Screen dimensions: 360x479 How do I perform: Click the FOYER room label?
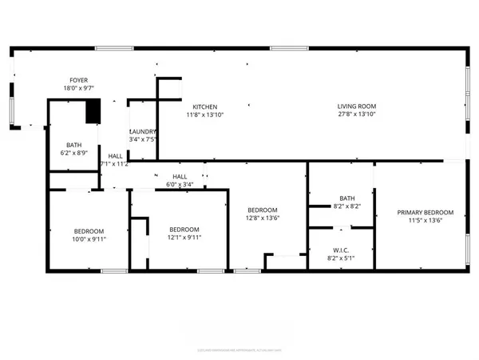78,80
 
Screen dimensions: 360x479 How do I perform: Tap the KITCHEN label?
204,106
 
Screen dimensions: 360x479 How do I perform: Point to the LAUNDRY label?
143,131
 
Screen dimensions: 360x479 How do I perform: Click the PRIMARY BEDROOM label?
426,212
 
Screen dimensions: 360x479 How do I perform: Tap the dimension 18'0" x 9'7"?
78,88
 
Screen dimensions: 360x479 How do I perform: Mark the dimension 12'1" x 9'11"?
184,238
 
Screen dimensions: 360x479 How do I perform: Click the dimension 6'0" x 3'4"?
180,184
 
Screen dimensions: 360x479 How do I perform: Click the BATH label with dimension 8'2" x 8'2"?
346,198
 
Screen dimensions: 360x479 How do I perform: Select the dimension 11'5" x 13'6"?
426,221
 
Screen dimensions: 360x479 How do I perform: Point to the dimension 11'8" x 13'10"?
204,114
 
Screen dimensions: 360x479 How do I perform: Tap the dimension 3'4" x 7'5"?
143,139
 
